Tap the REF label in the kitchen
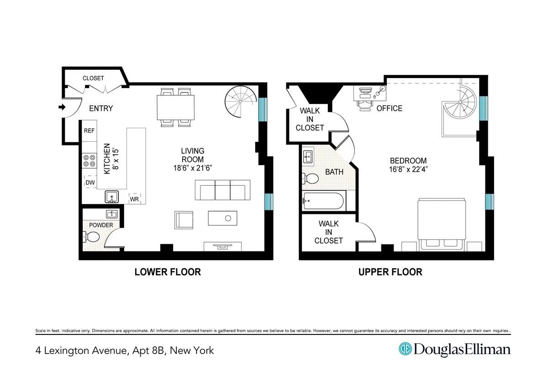tap(89, 131)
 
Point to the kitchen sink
tap(111, 197)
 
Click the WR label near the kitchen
tap(134, 199)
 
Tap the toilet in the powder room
tap(91, 237)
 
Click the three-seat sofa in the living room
tap(222, 190)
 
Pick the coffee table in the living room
tap(223, 218)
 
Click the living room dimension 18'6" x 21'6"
tap(192, 168)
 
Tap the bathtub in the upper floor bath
tap(323, 201)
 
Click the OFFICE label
tap(389, 109)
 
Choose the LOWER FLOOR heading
tap(168, 272)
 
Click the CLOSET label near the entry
tap(93, 78)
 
